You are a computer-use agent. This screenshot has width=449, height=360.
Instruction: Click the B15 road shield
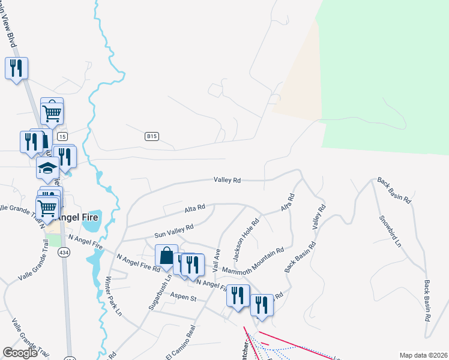(151, 137)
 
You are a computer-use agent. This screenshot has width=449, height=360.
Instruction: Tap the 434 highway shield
(64, 253)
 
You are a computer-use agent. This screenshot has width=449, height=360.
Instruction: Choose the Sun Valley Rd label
(173, 231)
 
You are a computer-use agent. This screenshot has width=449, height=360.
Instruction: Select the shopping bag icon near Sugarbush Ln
(166, 256)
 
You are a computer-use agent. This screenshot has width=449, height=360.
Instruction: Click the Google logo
(20, 353)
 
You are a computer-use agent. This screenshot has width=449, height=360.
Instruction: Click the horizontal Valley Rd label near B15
(228, 179)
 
